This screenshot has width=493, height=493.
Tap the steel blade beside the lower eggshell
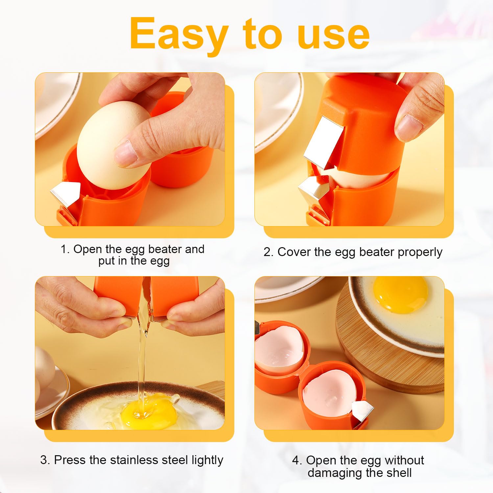tap(362, 411)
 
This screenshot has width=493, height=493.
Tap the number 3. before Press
tap(45, 460)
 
